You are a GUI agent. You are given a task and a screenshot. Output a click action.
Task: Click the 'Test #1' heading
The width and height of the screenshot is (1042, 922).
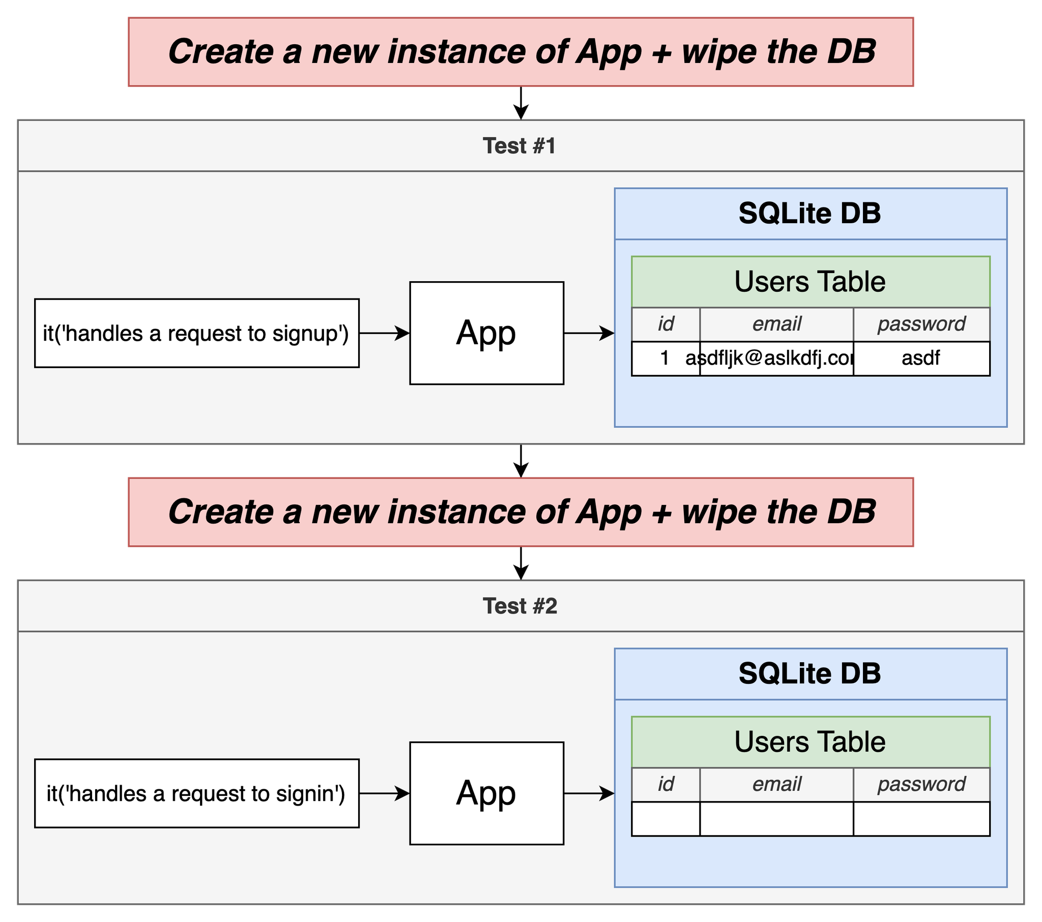(519, 146)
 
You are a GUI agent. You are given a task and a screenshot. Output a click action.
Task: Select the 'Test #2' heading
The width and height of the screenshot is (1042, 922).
(520, 606)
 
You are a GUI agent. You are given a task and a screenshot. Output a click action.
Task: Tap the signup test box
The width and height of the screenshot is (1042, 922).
(197, 333)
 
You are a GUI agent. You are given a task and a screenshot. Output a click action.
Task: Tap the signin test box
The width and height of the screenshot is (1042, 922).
(197, 793)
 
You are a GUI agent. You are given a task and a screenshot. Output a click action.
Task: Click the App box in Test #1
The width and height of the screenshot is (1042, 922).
(487, 333)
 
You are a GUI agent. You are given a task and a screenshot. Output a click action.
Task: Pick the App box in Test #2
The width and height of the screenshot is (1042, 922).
(487, 793)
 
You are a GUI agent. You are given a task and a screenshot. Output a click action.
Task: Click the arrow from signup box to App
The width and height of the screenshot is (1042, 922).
(384, 333)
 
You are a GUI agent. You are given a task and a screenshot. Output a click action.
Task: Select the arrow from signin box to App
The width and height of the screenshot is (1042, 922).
(384, 793)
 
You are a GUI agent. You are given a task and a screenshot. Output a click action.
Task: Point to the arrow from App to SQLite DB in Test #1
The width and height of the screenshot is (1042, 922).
(589, 333)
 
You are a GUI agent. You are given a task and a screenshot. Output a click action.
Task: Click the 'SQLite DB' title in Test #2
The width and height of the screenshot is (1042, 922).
(809, 673)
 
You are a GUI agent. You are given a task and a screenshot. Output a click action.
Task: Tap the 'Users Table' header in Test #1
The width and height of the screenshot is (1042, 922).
(811, 282)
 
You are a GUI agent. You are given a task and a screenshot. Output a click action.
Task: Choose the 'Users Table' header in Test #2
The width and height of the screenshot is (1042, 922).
(811, 742)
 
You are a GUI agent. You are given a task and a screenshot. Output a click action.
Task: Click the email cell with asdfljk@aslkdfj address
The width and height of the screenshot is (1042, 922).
(777, 359)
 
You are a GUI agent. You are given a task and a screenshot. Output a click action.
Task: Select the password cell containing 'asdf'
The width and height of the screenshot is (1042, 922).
(922, 359)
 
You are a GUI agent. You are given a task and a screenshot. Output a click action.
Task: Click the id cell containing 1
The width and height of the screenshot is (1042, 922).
(666, 359)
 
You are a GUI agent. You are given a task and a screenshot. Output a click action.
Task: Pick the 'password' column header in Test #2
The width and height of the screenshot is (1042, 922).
(922, 784)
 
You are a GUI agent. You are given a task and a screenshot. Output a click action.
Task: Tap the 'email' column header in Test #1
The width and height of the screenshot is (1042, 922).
(777, 324)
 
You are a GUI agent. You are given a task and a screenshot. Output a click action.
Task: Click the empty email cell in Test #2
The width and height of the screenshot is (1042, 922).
(777, 819)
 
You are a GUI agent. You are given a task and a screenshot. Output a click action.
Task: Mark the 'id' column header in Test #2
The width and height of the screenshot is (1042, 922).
(666, 784)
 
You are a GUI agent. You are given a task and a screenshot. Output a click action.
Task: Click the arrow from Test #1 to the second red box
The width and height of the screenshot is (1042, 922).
(521, 461)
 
